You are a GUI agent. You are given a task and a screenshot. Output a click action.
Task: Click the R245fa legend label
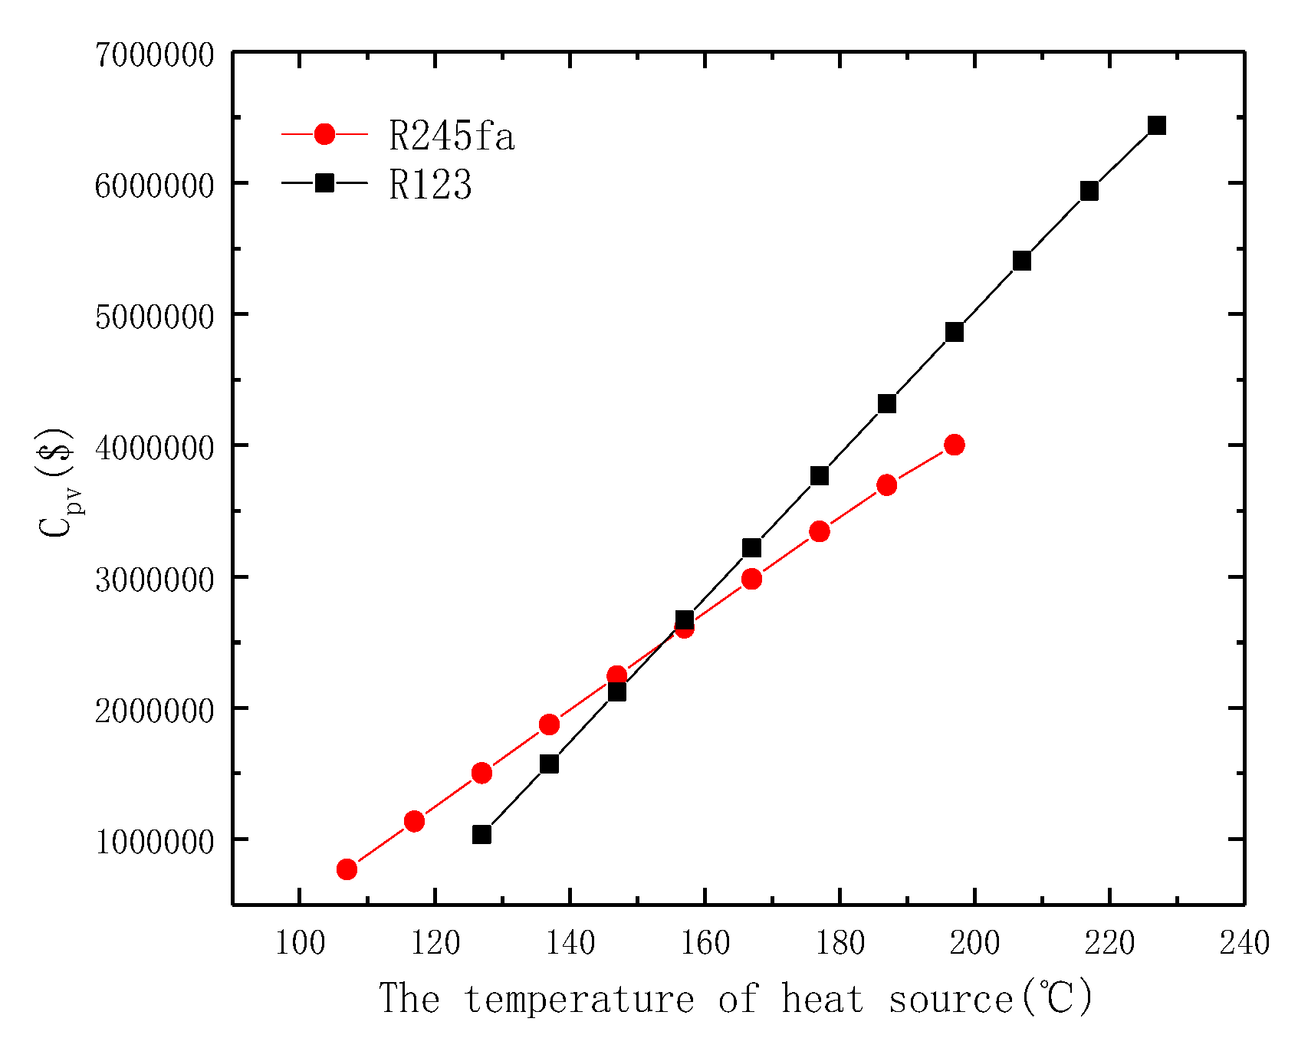(x=452, y=136)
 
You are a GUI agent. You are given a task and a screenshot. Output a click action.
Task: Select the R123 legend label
(x=430, y=185)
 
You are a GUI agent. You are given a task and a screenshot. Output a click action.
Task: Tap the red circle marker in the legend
(x=325, y=134)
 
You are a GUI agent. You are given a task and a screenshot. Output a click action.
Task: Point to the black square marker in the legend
(x=325, y=182)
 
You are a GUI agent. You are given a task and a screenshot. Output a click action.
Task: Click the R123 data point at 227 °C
(x=1157, y=126)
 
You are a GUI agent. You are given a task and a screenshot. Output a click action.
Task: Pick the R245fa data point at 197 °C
(x=954, y=445)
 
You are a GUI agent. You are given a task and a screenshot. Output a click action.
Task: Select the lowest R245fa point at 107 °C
(x=347, y=869)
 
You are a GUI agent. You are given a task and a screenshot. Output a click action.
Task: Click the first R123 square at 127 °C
(x=481, y=835)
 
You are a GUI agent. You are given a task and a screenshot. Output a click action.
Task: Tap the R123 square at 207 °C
(x=1021, y=261)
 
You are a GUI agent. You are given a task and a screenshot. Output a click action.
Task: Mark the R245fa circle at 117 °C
(x=414, y=822)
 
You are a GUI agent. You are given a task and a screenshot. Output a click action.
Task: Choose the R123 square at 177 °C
(x=819, y=476)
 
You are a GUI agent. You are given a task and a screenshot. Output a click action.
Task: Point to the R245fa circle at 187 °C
(x=886, y=485)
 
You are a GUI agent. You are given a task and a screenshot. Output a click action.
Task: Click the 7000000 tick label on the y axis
(x=154, y=55)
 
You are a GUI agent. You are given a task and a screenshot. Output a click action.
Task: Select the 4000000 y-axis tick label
(x=154, y=448)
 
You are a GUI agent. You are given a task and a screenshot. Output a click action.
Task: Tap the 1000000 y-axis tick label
(x=154, y=842)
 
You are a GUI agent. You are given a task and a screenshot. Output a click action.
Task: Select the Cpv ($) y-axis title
(x=58, y=483)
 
